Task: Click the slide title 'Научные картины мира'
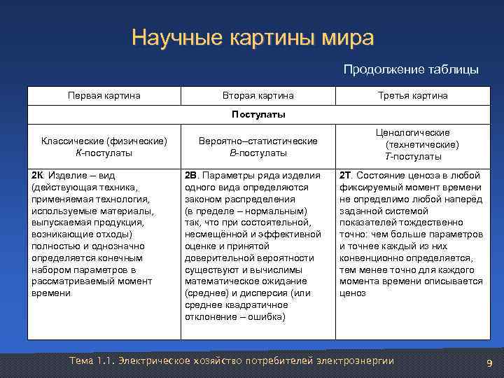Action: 252,38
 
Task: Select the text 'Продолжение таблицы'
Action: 411,69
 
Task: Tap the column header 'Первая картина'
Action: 104,95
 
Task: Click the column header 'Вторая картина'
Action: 258,95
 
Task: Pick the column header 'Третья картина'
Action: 412,95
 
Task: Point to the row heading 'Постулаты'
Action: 258,114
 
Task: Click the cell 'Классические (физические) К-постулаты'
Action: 104,146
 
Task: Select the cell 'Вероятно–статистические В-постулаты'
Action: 258,146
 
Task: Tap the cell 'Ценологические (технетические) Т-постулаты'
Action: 412,144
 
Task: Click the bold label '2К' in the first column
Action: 38,175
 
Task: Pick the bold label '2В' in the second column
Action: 192,175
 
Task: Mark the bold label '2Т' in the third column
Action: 347,175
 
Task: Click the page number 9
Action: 489,362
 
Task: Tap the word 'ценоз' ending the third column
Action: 353,293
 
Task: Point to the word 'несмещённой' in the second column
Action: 212,234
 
